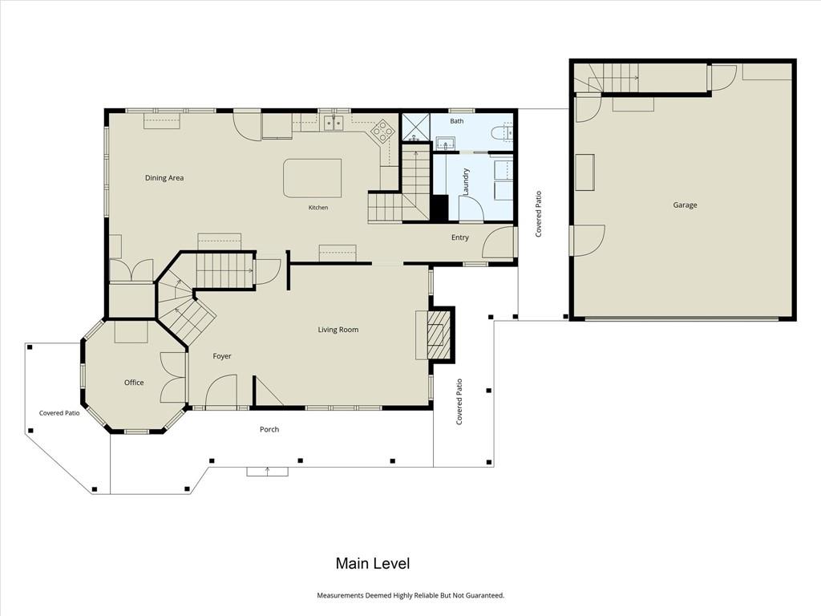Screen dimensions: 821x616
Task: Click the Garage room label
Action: [x=685, y=205]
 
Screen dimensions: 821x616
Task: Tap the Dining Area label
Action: [x=164, y=177]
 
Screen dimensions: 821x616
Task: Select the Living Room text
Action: [x=338, y=330]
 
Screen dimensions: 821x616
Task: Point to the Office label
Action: [x=134, y=383]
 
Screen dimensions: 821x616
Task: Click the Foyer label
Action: [x=222, y=356]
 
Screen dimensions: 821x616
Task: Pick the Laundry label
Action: [x=466, y=182]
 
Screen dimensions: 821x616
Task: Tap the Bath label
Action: [x=457, y=121]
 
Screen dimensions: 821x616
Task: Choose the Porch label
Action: [x=269, y=429]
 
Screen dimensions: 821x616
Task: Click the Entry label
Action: [x=460, y=237]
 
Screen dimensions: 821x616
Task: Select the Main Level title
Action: [x=373, y=564]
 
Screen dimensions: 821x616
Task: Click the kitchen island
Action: [x=313, y=178]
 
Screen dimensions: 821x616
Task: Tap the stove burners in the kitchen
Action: [x=382, y=131]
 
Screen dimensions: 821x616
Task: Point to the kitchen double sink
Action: [x=333, y=123]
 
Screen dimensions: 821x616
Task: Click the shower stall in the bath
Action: [x=416, y=128]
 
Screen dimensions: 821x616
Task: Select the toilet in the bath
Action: [x=503, y=132]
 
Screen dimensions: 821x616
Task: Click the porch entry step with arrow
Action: [x=268, y=472]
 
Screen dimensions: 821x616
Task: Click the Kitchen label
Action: [x=318, y=208]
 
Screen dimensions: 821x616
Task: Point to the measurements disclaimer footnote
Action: [x=410, y=595]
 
